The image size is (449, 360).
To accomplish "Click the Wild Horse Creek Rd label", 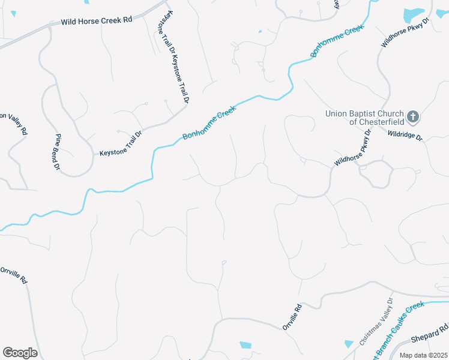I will pyautogui.click(x=96, y=21).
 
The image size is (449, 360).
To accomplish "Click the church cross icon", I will pyautogui.click(x=413, y=115).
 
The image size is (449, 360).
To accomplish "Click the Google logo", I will pyautogui.click(x=20, y=353).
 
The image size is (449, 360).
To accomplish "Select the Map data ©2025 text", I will pyautogui.click(x=423, y=355).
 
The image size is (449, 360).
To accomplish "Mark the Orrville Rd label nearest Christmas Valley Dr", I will pyautogui.click(x=292, y=316).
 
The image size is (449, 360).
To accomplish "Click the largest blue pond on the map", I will pyautogui.click(x=414, y=15).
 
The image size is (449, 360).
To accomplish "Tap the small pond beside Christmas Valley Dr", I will pyautogui.click(x=349, y=343).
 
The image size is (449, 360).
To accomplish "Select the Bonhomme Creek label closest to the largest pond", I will pyautogui.click(x=338, y=41).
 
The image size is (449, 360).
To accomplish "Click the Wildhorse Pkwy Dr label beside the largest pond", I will pyautogui.click(x=406, y=33).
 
